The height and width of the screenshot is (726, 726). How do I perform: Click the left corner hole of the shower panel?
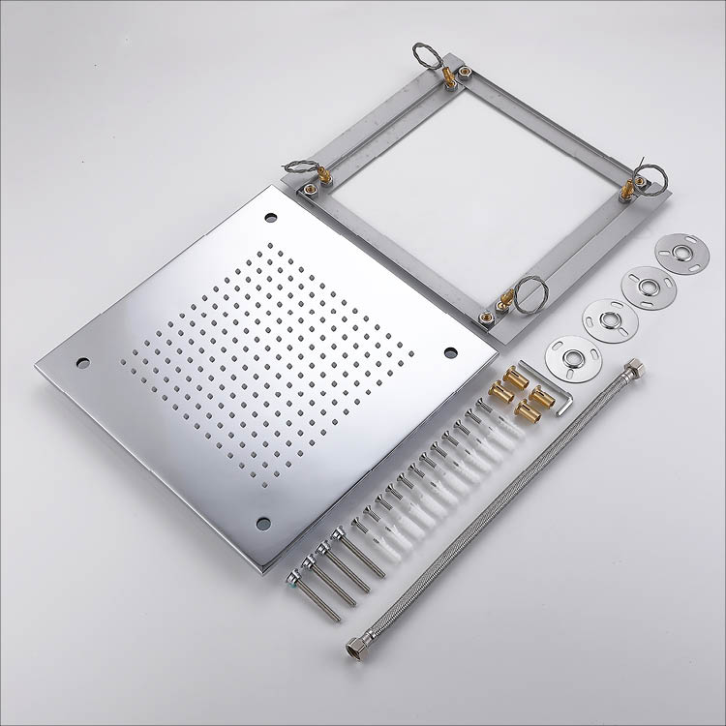tap(82, 362)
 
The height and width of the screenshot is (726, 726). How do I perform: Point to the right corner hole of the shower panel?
tap(450, 351)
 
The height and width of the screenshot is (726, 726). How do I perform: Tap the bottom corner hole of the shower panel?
tap(263, 523)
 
